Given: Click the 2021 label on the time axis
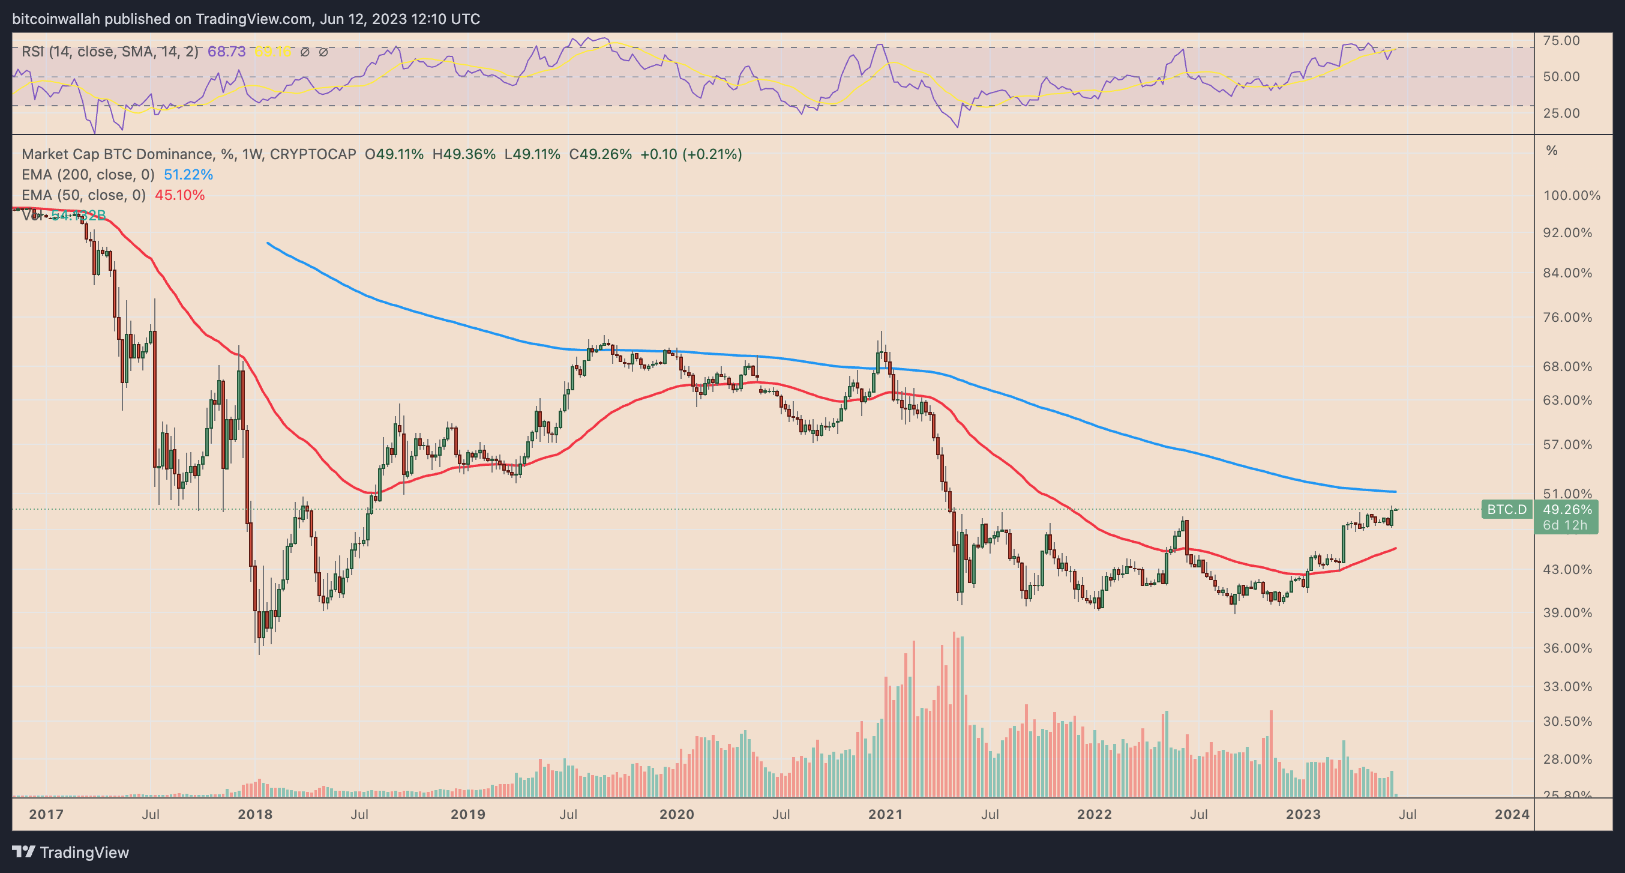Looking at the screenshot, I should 885,814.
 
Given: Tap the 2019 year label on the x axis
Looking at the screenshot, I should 467,814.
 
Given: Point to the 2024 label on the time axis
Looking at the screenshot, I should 1512,814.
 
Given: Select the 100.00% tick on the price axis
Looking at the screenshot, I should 1572,196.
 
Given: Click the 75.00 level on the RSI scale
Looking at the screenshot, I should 1561,40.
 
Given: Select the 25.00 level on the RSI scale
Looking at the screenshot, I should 1561,113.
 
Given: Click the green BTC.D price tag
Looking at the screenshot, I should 1506,509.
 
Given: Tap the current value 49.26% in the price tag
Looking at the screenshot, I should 1567,509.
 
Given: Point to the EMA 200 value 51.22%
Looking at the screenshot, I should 188,174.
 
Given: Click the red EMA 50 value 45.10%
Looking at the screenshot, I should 180,195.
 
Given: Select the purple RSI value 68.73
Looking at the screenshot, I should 226,52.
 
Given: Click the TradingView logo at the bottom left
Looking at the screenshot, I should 71,852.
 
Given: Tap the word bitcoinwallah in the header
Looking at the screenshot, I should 56,19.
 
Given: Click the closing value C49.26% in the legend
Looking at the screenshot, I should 600,154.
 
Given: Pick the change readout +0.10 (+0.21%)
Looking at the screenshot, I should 691,154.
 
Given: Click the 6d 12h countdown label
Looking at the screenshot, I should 1564,525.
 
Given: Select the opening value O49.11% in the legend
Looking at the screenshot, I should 394,154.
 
